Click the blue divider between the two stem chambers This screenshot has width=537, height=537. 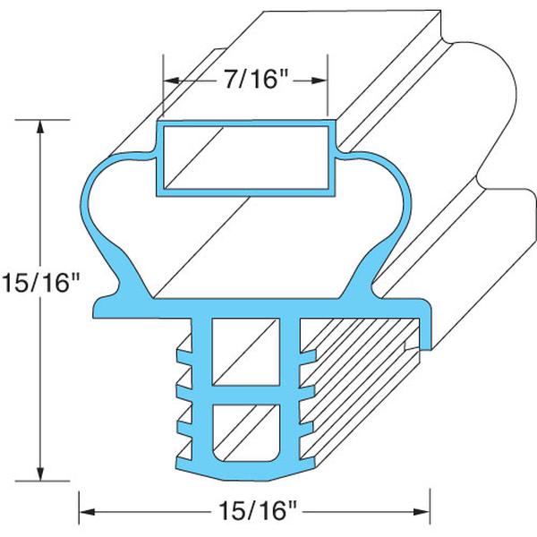click(245, 394)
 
